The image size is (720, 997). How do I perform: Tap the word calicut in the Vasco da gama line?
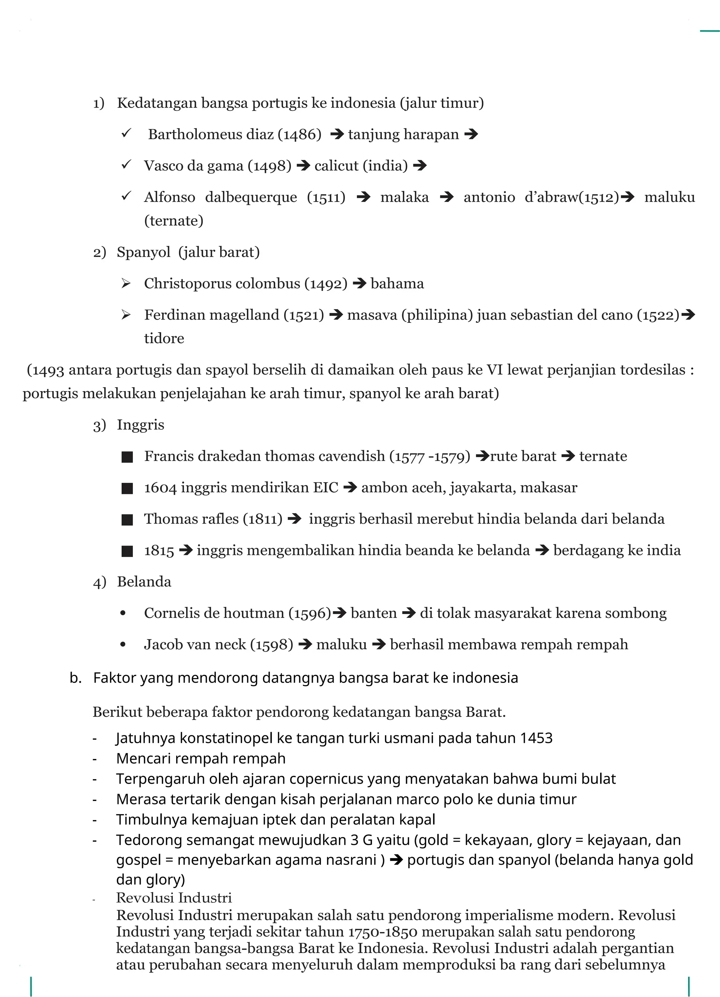pos(336,166)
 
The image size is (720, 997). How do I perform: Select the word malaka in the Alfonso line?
pos(404,197)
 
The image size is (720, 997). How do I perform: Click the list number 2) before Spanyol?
pos(99,253)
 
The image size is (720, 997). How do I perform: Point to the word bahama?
pos(397,283)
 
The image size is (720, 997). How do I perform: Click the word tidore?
pos(164,338)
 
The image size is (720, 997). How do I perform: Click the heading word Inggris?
pos(140,425)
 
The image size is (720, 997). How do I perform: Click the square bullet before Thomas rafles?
pos(127,520)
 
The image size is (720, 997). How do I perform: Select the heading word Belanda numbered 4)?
pos(144,582)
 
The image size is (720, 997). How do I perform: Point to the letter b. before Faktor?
pos(76,678)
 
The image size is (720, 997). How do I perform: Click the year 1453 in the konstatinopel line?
pos(536,738)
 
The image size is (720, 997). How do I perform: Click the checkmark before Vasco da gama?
pos(126,165)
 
